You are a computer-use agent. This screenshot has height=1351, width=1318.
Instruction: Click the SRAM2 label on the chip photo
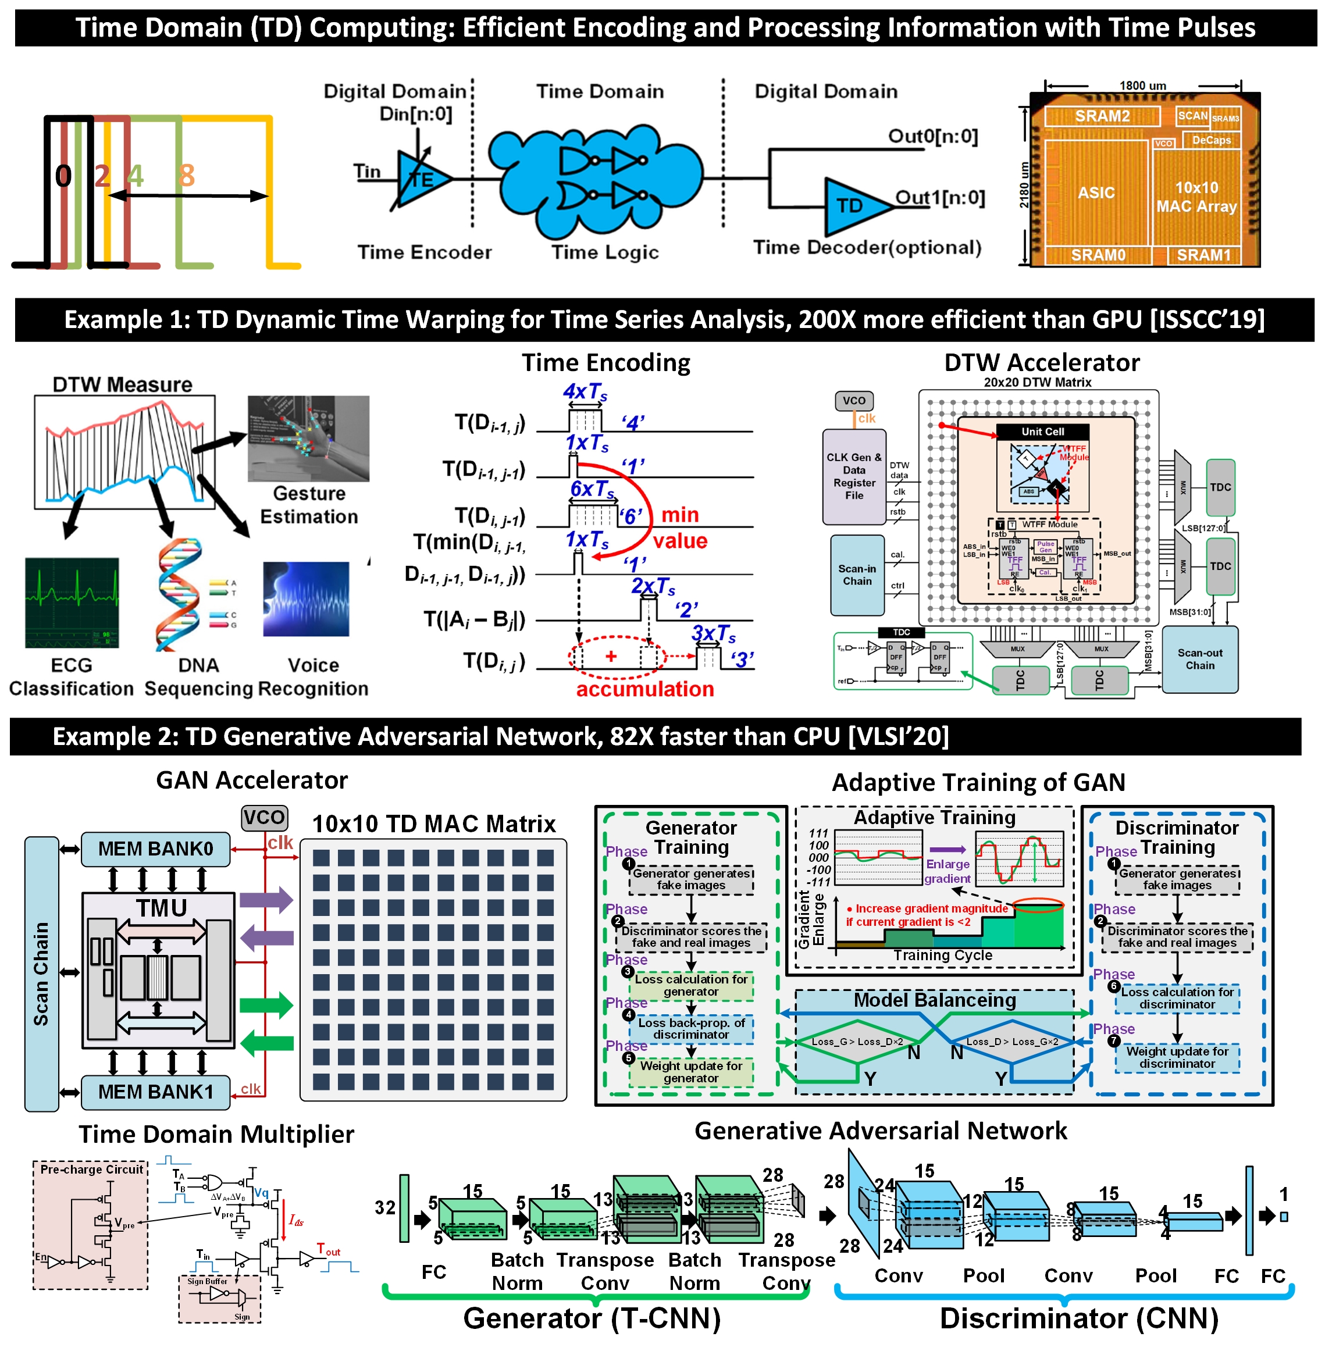tap(1102, 116)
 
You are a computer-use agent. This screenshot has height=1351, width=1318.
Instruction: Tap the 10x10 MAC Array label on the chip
tap(1196, 197)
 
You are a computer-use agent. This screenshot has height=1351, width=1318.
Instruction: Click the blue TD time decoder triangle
tap(853, 205)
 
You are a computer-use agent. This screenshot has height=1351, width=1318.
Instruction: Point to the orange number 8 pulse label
tap(186, 175)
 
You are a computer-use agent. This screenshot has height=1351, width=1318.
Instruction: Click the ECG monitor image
tap(72, 602)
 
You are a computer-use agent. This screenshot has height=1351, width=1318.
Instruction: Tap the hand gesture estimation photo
tap(309, 438)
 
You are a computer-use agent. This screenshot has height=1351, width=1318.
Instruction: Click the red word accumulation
tap(644, 689)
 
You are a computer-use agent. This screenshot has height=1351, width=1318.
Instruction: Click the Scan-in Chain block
tap(857, 575)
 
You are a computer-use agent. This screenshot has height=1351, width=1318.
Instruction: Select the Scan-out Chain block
tap(1199, 659)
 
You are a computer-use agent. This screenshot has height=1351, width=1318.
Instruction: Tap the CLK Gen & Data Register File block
tap(853, 476)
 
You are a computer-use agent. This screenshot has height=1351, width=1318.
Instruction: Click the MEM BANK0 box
tap(155, 849)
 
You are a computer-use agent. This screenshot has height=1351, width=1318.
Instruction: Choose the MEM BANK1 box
tap(155, 1092)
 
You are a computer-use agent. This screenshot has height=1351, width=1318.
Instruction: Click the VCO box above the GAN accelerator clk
tap(263, 817)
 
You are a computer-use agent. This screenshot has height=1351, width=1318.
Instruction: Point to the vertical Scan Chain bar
tap(41, 973)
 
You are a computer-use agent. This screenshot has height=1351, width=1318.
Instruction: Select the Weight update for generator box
tap(691, 1071)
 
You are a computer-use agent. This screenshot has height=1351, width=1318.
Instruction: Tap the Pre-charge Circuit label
tap(91, 1169)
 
